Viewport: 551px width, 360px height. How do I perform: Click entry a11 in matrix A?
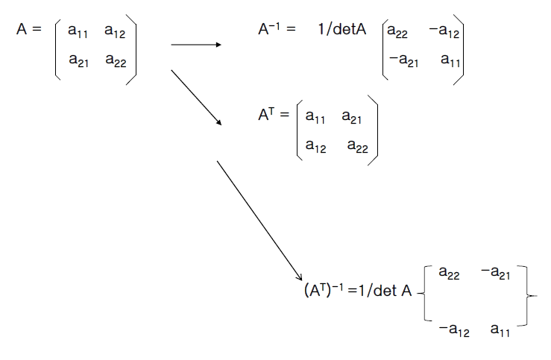78,32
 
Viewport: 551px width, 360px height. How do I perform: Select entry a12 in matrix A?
115,32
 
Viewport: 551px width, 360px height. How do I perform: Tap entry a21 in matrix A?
78,61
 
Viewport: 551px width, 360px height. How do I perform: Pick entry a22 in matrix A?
115,61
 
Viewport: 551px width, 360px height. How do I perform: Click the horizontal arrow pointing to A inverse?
196,45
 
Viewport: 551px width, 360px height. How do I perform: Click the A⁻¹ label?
272,31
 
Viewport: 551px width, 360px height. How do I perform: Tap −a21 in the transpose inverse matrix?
494,274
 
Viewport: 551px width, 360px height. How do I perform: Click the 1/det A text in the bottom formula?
384,291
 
